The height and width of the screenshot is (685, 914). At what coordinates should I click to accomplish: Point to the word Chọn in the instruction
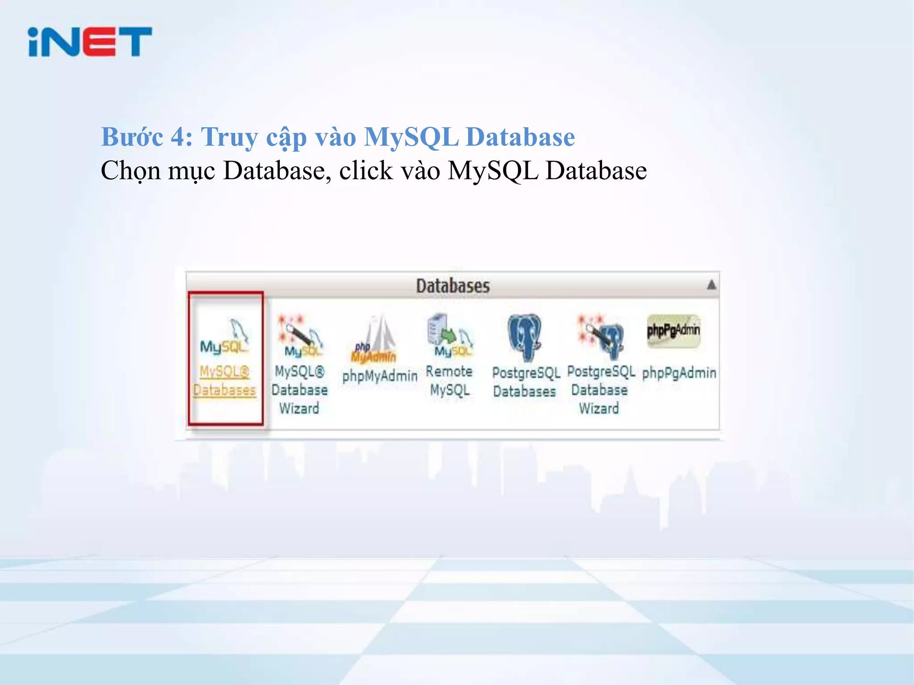130,171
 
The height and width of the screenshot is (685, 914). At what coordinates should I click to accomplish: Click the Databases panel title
453,286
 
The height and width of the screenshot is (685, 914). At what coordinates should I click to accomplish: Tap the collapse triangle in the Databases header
711,285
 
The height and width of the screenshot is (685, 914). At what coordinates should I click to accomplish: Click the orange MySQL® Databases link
224,381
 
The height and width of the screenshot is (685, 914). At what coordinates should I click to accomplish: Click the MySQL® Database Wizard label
299,390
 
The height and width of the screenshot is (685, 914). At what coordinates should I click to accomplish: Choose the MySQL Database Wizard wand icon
299,335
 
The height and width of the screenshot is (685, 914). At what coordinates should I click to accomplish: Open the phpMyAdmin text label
380,376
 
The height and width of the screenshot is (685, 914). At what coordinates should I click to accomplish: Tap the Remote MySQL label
449,380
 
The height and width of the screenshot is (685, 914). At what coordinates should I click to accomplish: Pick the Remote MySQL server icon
449,335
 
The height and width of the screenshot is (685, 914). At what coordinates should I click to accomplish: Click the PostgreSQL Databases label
525,382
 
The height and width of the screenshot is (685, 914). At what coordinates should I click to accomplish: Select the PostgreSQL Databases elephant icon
524,337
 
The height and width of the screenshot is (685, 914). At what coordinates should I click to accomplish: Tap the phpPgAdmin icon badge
673,330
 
